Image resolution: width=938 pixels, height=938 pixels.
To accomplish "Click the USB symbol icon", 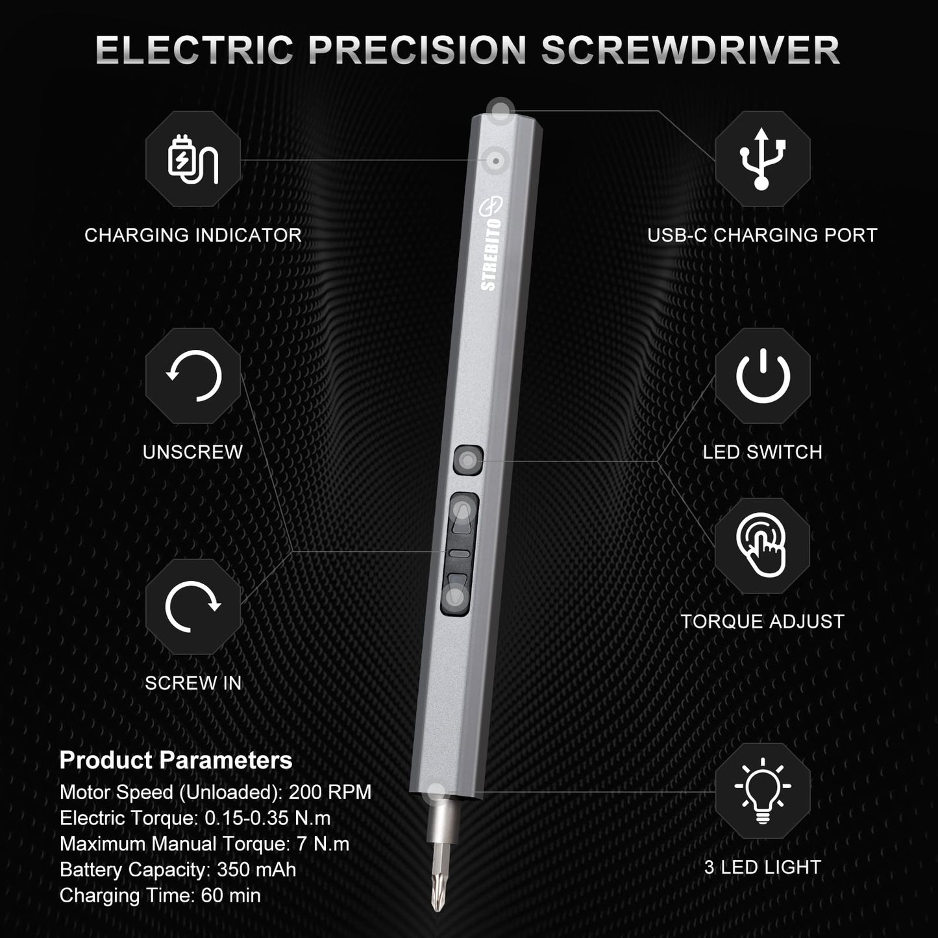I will point(763,159).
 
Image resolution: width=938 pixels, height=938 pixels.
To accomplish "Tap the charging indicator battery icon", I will point(193,159).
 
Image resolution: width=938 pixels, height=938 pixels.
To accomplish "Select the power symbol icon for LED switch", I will point(763,376).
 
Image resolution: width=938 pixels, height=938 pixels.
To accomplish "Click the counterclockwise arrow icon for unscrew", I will point(193,376).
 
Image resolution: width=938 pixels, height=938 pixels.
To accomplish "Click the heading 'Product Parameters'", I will point(176,760).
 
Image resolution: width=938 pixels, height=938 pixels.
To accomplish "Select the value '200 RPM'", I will point(330,792).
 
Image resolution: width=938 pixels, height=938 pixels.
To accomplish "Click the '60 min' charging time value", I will point(230,895).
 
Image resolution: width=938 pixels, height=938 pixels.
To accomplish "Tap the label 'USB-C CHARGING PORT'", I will point(762,235).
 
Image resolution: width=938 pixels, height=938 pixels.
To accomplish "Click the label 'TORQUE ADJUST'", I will point(762,621).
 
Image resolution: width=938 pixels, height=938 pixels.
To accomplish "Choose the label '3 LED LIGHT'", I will point(762,867).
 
